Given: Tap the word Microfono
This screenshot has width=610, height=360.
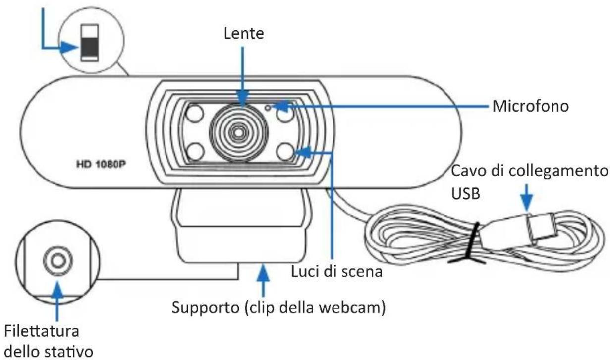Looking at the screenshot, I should click(531, 106).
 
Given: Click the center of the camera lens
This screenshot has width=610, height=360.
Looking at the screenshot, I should click(239, 131).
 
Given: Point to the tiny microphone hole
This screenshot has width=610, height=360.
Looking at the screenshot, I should click(268, 106).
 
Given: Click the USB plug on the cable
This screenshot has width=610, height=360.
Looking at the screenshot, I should click(544, 229).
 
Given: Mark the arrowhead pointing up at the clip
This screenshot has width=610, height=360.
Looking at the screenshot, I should click(263, 272).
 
